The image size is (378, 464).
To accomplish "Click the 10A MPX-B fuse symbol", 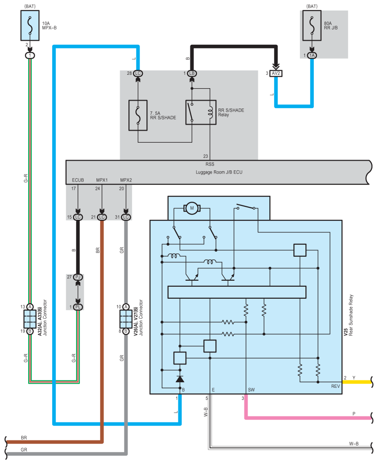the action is click(x=30, y=25).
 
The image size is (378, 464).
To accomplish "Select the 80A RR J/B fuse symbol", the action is click(x=312, y=25).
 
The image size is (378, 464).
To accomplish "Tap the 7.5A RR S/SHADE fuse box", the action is click(x=138, y=115).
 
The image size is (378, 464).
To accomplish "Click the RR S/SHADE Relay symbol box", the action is click(x=201, y=113).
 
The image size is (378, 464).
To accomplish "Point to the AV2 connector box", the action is click(x=276, y=73).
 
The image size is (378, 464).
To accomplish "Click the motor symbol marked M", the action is click(x=192, y=208).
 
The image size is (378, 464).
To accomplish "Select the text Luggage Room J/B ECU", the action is click(x=219, y=172).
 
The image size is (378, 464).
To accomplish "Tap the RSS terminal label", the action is click(x=210, y=164).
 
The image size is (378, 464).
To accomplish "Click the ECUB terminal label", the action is click(x=78, y=180).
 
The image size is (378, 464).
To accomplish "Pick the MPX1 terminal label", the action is click(x=102, y=180).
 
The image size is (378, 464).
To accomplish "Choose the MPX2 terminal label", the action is click(x=126, y=180).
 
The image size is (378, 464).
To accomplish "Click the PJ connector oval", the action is click(x=78, y=277).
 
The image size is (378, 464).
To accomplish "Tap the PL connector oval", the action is click(x=78, y=307).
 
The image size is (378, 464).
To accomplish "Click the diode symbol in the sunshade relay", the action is click(x=180, y=379).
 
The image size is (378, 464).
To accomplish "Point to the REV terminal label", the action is click(x=335, y=386).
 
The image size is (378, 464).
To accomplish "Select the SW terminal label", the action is click(x=251, y=390).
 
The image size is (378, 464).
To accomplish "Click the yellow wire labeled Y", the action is click(x=357, y=382).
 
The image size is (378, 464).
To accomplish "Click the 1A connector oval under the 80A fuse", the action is click(x=312, y=55).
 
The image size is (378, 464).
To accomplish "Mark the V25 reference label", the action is click(x=346, y=332).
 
